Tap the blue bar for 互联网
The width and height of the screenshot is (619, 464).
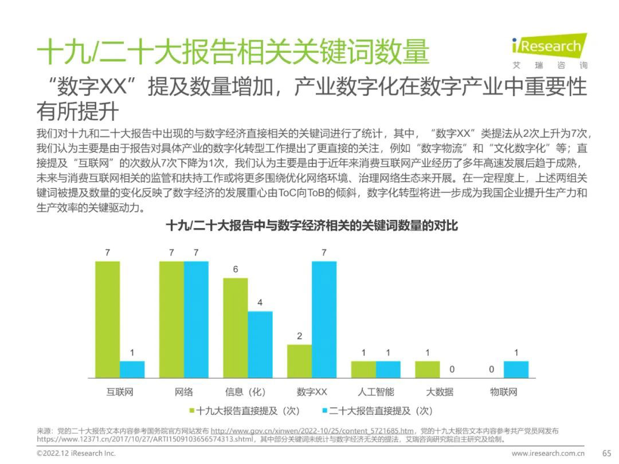point(132,369)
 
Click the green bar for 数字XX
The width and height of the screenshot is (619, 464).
point(299,361)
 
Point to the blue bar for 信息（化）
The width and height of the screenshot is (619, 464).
point(260,344)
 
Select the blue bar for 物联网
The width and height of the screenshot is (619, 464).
point(516,369)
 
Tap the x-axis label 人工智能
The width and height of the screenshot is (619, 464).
point(375,392)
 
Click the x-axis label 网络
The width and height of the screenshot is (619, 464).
point(184,392)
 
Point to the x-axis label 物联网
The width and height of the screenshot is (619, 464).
point(504,392)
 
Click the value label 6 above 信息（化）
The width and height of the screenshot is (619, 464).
point(236,269)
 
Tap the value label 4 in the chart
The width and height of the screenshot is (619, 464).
point(260,302)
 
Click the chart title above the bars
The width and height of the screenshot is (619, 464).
point(312,226)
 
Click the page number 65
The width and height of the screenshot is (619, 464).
point(607,453)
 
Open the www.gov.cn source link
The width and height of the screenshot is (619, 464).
point(312,431)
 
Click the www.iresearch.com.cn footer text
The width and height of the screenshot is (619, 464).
point(549,453)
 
